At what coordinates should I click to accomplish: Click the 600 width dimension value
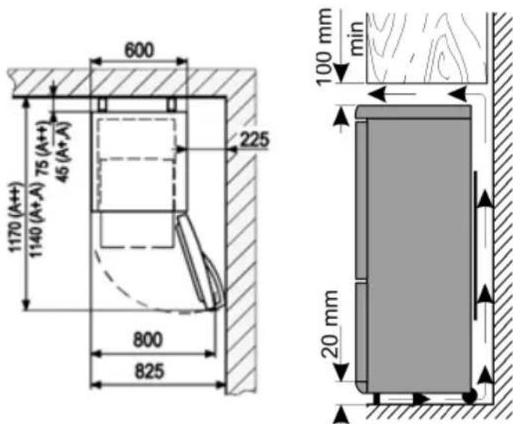tap(139, 50)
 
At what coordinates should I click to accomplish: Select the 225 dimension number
tap(255, 140)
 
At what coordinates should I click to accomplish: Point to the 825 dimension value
tap(149, 371)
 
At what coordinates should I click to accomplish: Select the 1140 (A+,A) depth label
tap(36, 220)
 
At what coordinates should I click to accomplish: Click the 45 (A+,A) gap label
tap(63, 152)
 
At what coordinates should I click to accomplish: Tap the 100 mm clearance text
tap(325, 46)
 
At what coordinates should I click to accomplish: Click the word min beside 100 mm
tap(357, 38)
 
